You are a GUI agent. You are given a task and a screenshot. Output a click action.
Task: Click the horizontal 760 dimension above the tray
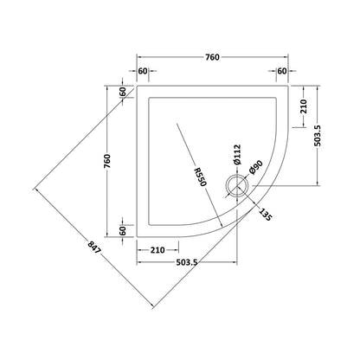click(x=212, y=57)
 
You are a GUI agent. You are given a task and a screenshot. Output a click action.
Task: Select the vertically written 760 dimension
click(x=107, y=162)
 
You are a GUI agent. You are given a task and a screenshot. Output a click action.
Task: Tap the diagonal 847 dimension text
click(x=94, y=247)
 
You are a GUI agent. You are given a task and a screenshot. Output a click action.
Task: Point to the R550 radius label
click(x=200, y=177)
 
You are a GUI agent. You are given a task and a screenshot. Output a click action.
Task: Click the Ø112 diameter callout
click(x=237, y=155)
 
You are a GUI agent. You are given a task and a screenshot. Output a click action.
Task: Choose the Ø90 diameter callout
click(x=255, y=167)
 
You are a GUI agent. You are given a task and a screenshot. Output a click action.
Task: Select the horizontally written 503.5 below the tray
click(x=186, y=262)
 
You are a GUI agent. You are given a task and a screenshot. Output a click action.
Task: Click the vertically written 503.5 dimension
click(x=318, y=136)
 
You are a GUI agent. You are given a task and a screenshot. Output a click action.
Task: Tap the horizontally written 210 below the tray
click(x=157, y=250)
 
